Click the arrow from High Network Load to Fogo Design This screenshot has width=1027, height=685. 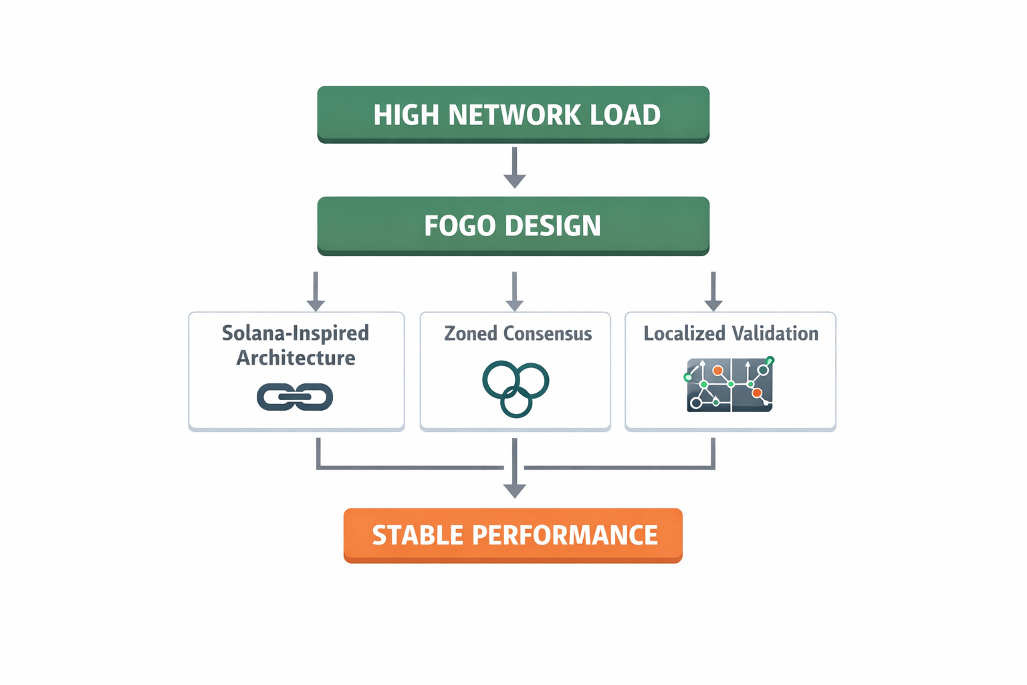pyautogui.click(x=514, y=167)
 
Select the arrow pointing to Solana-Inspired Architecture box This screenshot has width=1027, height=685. pyautogui.click(x=316, y=291)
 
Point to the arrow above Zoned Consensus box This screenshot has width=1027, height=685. pyautogui.click(x=514, y=291)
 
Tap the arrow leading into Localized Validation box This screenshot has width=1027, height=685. pyautogui.click(x=713, y=291)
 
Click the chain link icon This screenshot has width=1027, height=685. pyautogui.click(x=295, y=397)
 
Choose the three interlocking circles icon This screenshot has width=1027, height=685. pyautogui.click(x=516, y=388)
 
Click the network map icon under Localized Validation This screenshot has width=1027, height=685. pyautogui.click(x=730, y=384)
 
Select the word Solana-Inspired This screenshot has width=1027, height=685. pyautogui.click(x=296, y=333)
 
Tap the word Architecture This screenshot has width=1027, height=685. pyautogui.click(x=296, y=358)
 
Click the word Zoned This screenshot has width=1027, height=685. pyautogui.click(x=471, y=333)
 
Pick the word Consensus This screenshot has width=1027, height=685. pyautogui.click(x=547, y=333)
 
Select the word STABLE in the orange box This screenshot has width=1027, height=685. pyautogui.click(x=417, y=535)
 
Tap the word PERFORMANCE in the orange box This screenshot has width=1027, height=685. pyautogui.click(x=564, y=535)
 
